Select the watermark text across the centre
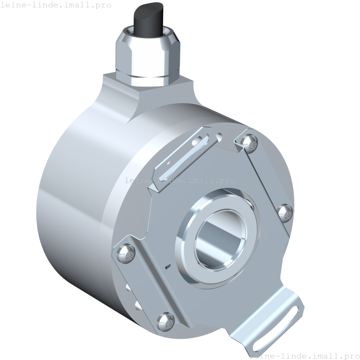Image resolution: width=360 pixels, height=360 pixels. tap(180, 180)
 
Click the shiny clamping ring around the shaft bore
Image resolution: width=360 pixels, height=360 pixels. tap(186, 241)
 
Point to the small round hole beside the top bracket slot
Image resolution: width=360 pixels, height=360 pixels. tap(219, 136)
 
